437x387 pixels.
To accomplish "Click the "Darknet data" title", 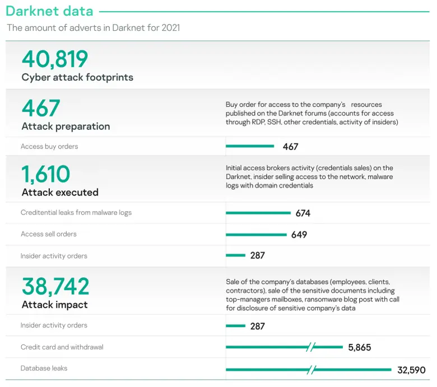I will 49,11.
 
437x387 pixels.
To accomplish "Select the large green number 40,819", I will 55,59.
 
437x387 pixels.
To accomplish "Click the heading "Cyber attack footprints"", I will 77,77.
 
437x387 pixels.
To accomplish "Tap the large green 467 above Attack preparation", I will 41,108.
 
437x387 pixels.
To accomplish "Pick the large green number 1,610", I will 46,174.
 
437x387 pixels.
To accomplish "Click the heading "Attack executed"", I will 60,192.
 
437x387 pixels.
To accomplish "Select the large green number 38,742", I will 55,286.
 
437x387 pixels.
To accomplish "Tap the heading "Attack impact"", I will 54,305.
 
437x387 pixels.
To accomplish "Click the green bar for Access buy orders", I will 250,146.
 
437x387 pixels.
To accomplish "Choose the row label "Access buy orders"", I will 49,146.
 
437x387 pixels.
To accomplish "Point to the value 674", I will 303,213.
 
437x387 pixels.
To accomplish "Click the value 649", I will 299,235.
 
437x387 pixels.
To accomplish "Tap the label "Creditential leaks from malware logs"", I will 76,213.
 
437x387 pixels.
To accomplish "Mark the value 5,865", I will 359,347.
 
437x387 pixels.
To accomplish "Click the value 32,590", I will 411,370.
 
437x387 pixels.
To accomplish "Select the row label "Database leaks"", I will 44,369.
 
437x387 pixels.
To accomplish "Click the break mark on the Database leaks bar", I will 312,370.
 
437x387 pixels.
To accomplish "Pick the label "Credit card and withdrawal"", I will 62,347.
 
